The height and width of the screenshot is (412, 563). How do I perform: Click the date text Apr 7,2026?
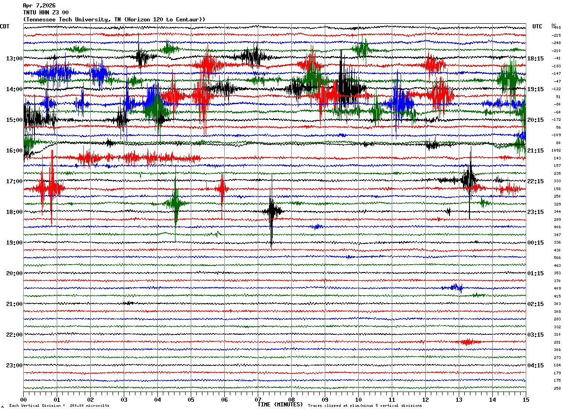pyautogui.click(x=39, y=6)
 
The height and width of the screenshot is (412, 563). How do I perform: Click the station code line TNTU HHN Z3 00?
pyautogui.click(x=46, y=13)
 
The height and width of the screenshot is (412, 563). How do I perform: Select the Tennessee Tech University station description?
pyautogui.click(x=114, y=20)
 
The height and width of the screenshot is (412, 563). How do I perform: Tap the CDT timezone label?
pyautogui.click(x=5, y=27)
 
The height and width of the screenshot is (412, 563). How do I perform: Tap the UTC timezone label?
pyautogui.click(x=537, y=27)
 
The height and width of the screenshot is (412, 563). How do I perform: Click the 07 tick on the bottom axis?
pyautogui.click(x=258, y=400)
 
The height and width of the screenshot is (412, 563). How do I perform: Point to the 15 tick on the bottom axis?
pyautogui.click(x=526, y=400)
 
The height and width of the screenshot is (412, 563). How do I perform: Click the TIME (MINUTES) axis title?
pyautogui.click(x=280, y=405)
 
